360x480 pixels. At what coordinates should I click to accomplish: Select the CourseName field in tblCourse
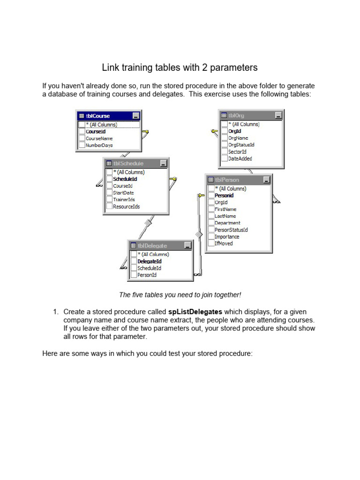[x=99, y=138]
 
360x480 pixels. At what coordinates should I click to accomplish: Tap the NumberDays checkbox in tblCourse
[x=82, y=145]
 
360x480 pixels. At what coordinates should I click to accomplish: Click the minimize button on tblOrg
[x=278, y=115]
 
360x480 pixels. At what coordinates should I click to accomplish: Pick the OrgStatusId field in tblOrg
[x=241, y=145]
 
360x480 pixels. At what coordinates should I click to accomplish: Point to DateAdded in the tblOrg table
[x=240, y=158]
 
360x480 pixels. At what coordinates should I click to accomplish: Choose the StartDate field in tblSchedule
[x=123, y=193]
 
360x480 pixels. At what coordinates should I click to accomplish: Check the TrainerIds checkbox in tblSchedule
[x=109, y=200]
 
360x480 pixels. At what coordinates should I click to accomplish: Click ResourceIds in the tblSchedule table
[x=126, y=206]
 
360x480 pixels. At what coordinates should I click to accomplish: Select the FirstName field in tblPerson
[x=225, y=209]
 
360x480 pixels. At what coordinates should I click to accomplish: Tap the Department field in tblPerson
[x=227, y=223]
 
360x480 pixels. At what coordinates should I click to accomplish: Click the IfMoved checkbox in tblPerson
[x=211, y=243]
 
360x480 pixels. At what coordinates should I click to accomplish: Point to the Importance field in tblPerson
[x=227, y=237]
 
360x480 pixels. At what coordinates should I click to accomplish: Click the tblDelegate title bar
[x=155, y=245]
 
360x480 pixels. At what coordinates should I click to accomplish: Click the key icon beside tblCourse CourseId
[x=145, y=132]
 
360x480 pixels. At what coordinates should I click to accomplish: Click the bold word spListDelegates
[x=195, y=312]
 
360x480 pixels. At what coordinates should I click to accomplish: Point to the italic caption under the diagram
[x=180, y=295]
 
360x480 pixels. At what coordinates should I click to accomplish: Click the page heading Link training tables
[x=180, y=67]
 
